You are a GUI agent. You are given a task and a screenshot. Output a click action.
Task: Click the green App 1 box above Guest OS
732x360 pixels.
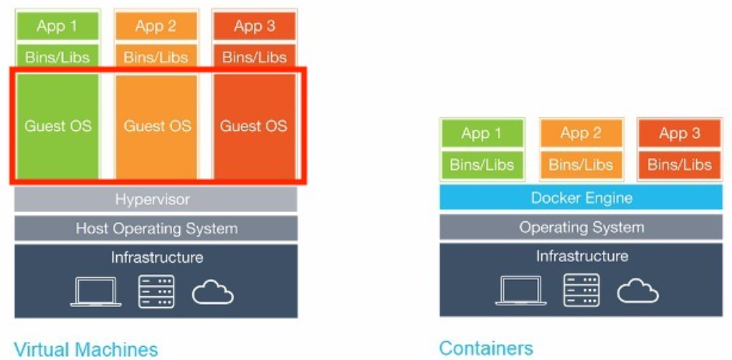(58, 26)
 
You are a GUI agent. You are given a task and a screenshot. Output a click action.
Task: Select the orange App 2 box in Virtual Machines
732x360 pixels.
(156, 26)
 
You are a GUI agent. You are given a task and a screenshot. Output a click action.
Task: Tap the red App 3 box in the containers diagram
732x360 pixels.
(679, 133)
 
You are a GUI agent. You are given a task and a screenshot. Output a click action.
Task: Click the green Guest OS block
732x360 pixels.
(58, 125)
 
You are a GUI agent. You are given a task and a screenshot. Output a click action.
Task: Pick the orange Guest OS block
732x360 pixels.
(156, 125)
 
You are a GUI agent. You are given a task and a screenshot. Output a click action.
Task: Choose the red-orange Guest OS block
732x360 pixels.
(254, 125)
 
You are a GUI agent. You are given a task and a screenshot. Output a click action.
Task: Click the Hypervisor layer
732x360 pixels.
(156, 199)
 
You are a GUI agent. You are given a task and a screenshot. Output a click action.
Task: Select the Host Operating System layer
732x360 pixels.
(156, 228)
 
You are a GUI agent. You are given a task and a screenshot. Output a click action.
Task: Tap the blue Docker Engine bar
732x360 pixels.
(581, 198)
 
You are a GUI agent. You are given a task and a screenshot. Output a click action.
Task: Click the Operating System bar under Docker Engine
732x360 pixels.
(581, 228)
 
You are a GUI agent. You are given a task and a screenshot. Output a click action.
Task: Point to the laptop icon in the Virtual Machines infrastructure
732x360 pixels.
(96, 292)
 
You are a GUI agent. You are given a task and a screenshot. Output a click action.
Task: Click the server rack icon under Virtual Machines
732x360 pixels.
(157, 291)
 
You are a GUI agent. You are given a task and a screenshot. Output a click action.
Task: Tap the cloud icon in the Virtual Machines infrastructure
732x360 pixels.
(213, 292)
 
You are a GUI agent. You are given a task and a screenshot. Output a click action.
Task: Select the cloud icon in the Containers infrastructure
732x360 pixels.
(638, 291)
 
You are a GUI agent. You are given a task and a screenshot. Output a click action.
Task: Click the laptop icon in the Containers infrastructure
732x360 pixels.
(521, 291)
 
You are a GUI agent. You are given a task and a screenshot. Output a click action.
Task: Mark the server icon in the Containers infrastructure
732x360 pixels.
(582, 291)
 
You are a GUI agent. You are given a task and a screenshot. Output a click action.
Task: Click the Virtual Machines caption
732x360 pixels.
(86, 348)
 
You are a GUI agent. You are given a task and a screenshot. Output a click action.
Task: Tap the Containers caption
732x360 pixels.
(486, 348)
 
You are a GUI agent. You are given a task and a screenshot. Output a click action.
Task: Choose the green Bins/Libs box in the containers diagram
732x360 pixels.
(482, 164)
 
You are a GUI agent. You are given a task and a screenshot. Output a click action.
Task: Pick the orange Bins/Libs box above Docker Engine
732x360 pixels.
(581, 164)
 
